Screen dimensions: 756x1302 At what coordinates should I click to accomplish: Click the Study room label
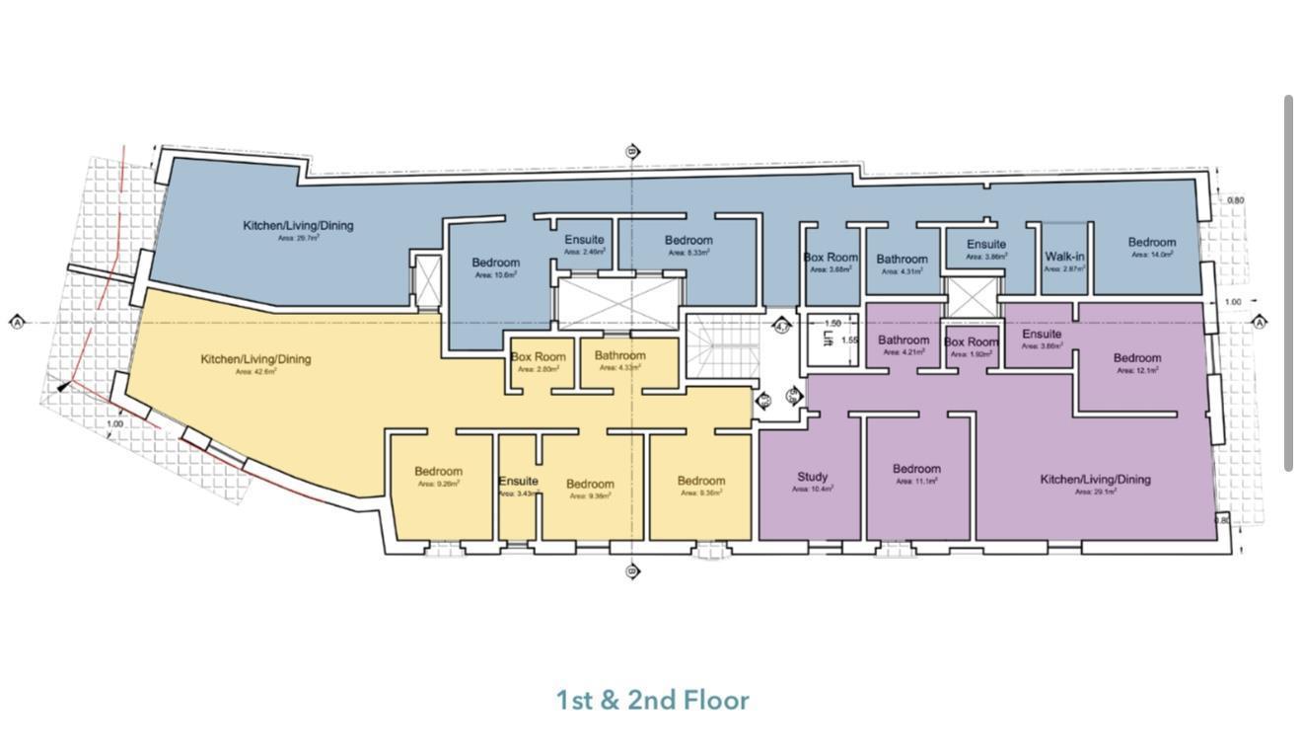[x=812, y=477]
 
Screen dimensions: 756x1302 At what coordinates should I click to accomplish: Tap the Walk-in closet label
[x=1064, y=257]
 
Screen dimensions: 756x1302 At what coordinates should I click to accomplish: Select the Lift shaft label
[x=828, y=339]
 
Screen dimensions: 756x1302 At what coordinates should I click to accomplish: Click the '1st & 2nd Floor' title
[x=652, y=701]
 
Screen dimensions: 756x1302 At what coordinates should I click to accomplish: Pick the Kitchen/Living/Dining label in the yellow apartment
[x=255, y=359]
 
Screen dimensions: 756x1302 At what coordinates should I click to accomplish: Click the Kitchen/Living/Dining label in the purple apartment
[x=1095, y=480]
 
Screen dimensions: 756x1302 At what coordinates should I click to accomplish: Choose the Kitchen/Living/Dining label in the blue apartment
[x=298, y=225]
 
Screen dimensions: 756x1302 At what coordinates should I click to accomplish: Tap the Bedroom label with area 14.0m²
[x=1152, y=243]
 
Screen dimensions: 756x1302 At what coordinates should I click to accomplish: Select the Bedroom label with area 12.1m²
[x=1137, y=358]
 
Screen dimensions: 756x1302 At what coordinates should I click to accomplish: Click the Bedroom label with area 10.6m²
[x=495, y=263]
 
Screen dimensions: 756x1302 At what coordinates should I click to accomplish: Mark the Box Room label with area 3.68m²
[x=831, y=258]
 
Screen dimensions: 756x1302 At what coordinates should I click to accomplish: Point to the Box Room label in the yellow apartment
[x=538, y=357]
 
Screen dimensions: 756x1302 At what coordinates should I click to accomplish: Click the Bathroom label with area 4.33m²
[x=619, y=355]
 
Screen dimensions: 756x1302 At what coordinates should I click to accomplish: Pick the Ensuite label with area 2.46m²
[x=584, y=240]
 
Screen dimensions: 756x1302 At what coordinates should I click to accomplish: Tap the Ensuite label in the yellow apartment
[x=518, y=482]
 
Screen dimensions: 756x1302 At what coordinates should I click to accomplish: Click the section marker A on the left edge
[x=17, y=322]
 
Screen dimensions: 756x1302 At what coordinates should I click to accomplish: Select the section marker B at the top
[x=633, y=152]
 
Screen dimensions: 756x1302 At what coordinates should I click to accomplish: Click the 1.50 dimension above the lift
[x=832, y=324]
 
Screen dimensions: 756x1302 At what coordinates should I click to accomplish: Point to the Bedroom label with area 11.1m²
[x=916, y=469]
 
